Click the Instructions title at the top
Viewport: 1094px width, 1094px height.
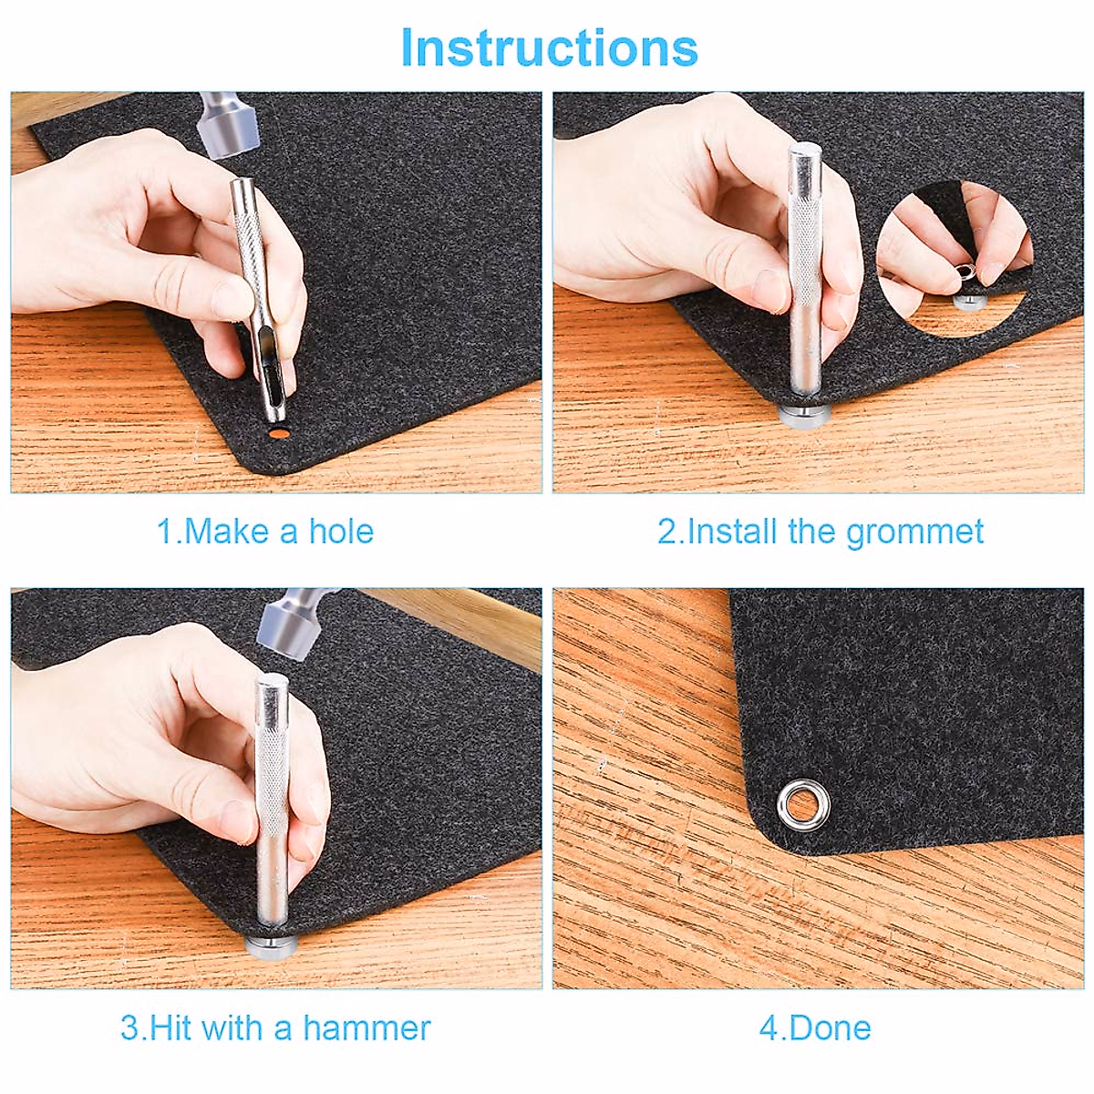[549, 47]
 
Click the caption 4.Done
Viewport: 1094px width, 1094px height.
[815, 1028]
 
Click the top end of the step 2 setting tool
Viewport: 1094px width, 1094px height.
[805, 155]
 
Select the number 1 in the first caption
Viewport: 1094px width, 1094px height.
[165, 532]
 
